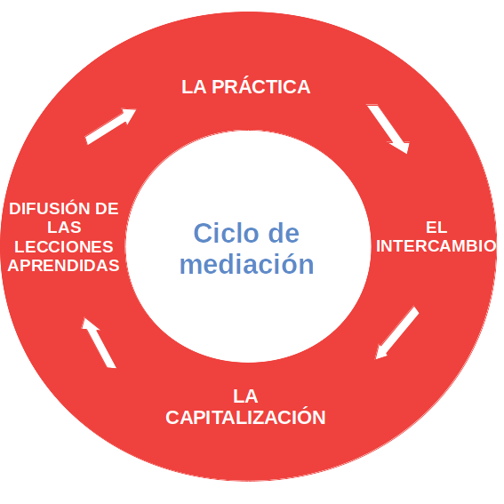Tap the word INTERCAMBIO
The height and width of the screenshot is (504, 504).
pos(436,246)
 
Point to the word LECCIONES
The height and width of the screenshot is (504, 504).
pos(64,246)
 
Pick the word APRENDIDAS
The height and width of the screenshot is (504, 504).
pos(63,266)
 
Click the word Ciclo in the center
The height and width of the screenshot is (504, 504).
pos(226,233)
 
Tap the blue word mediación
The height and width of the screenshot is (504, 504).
pos(246,264)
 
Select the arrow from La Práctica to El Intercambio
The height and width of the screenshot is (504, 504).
pos(389,128)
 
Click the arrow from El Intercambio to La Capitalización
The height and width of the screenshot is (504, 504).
pos(397,332)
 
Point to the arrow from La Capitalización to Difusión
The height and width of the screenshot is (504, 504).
pos(99,342)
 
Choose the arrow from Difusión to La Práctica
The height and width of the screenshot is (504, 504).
pos(110,126)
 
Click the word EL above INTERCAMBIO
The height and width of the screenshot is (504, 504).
pos(436,228)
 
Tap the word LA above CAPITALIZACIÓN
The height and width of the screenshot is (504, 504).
pos(245,396)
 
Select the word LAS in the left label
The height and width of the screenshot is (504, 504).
pos(64,227)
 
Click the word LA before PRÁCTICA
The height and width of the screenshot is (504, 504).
pos(194,87)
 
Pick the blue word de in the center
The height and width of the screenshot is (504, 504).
pos(284,233)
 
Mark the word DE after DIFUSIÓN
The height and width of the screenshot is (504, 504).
pos(107,208)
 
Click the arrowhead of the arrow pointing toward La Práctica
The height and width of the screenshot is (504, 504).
pos(128,115)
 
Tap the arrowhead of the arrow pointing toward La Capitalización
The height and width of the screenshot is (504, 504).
pos(380,352)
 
